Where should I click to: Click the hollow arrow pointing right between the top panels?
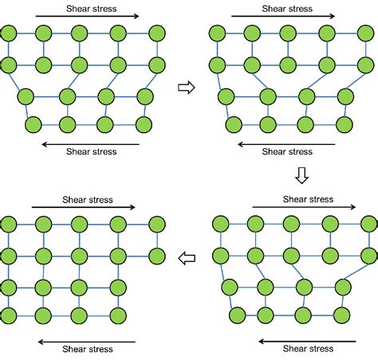(185, 88)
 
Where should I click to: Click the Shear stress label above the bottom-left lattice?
(89, 200)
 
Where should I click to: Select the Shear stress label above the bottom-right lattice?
(309, 200)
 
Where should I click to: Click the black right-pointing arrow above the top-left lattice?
(89, 16)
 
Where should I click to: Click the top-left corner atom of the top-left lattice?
(8, 33)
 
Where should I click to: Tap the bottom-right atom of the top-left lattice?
(144, 125)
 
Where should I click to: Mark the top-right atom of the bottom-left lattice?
(154, 225)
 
